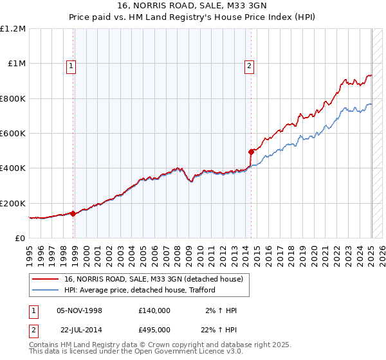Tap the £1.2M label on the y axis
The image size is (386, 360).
point(13,29)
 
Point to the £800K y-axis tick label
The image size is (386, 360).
point(13,98)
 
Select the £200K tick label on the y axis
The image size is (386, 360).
point(13,203)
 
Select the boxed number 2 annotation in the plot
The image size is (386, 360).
point(248,64)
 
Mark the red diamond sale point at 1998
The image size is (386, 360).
point(73,214)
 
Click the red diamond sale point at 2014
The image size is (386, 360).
point(251,152)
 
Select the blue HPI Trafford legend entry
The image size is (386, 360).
point(139,291)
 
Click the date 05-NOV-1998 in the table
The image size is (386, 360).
point(80,310)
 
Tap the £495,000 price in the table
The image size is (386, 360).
point(154,329)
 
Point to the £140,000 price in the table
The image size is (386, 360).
point(154,310)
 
